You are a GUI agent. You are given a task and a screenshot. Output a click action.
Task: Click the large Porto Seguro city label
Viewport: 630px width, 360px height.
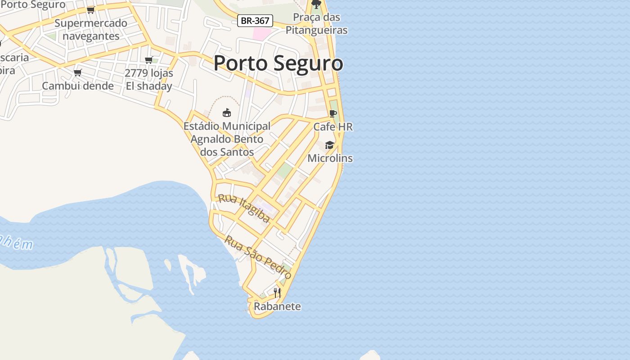point(278,63)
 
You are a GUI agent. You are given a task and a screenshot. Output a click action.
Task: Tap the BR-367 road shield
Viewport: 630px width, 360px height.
point(255,21)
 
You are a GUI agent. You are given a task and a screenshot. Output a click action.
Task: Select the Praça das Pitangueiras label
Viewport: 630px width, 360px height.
point(316,24)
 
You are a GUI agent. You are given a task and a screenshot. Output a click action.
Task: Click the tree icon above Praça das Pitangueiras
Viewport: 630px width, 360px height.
point(316,4)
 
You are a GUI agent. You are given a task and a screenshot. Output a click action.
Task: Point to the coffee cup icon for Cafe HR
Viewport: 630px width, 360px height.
point(333,113)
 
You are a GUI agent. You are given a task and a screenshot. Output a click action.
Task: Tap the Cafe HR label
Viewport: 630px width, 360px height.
point(333,127)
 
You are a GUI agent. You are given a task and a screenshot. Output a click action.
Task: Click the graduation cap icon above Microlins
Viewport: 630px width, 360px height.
point(330,145)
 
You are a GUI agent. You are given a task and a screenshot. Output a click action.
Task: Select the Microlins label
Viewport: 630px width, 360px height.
point(330,158)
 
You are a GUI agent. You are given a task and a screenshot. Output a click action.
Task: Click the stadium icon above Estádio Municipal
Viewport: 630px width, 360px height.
point(227,112)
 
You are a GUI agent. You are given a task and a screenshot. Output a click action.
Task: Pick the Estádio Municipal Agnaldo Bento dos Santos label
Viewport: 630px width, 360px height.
point(227,139)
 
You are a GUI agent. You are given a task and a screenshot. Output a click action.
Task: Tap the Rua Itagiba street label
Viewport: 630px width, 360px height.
point(244,208)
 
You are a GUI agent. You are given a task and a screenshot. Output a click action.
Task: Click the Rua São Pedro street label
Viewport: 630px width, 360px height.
point(258,257)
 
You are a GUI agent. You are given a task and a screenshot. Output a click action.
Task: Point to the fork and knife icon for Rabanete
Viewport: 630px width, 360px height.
point(277,293)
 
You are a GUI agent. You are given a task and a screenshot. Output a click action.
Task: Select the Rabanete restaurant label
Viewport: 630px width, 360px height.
point(277,306)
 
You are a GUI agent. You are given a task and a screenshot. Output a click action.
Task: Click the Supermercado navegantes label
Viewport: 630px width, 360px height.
point(91,30)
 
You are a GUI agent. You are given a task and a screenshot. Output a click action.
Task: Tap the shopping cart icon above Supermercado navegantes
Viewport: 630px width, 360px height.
point(90,10)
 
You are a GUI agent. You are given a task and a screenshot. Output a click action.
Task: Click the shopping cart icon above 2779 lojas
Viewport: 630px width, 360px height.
point(148,60)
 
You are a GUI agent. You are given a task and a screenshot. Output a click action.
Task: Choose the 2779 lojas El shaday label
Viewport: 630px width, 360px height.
point(148,80)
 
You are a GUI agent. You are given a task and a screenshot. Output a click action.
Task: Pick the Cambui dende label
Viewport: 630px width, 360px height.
point(78,85)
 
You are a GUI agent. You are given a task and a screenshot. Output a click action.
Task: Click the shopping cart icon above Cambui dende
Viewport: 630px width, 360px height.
point(77,72)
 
